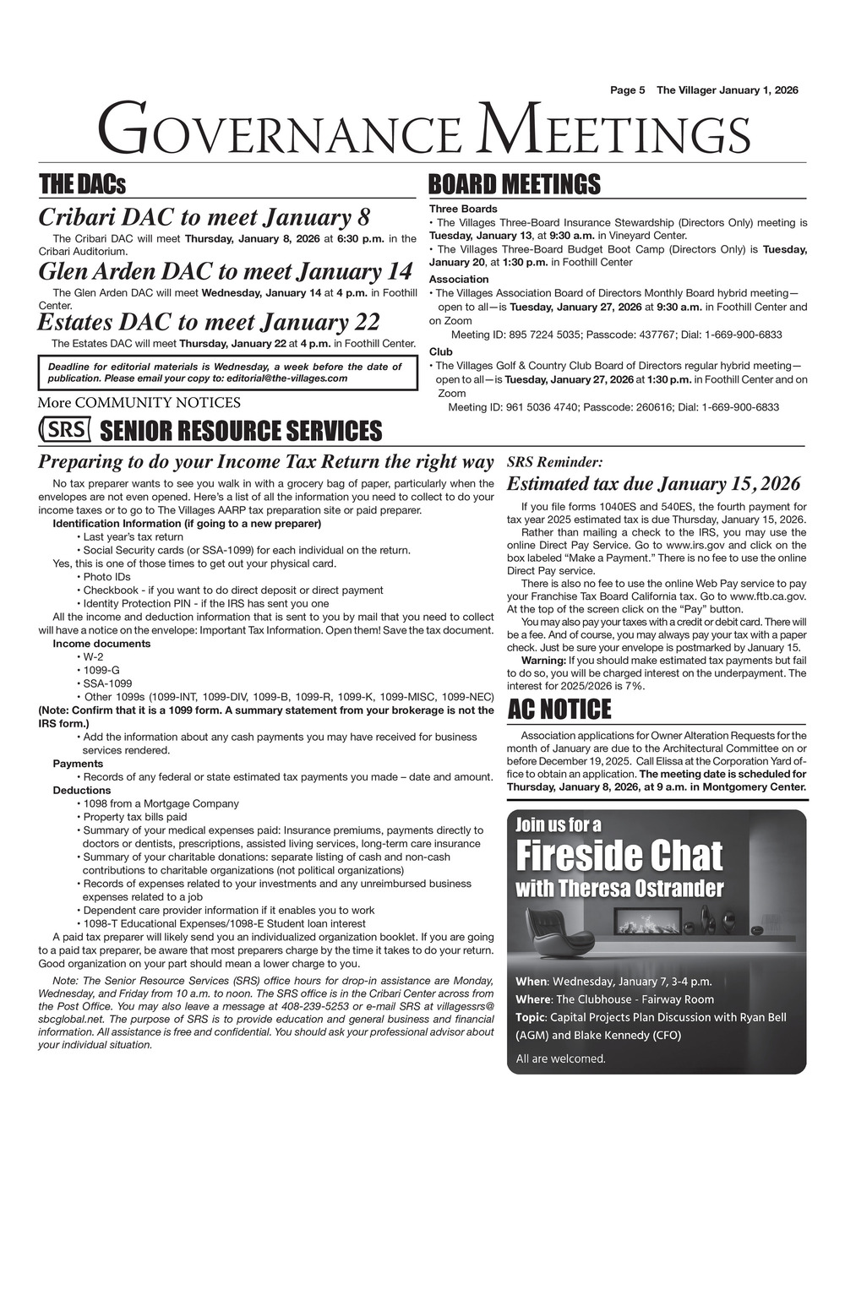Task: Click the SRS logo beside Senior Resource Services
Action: [65, 429]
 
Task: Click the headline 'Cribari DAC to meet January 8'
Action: [204, 217]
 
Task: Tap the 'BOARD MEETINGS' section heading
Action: [514, 184]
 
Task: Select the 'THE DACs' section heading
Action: [82, 184]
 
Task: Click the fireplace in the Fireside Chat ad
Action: [648, 921]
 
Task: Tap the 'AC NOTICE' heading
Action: [559, 710]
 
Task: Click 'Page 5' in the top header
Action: [628, 90]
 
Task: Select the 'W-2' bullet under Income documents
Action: [92, 656]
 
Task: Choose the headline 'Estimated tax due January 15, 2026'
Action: [653, 484]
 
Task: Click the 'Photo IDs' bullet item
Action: [106, 577]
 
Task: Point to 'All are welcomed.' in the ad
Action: [560, 1058]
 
